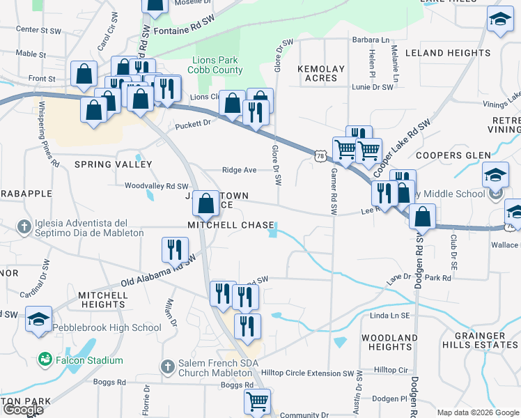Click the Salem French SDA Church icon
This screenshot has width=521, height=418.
167,366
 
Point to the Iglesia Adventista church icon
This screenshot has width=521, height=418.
24,226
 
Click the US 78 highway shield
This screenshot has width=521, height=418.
320,157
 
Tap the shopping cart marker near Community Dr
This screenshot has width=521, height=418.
257,402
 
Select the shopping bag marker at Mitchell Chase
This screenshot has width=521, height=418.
205,205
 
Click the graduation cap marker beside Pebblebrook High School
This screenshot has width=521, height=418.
39,319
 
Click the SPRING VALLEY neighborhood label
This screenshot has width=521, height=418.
113,164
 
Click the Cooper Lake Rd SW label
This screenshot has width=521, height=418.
402,147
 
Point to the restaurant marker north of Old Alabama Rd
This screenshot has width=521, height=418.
175,250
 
